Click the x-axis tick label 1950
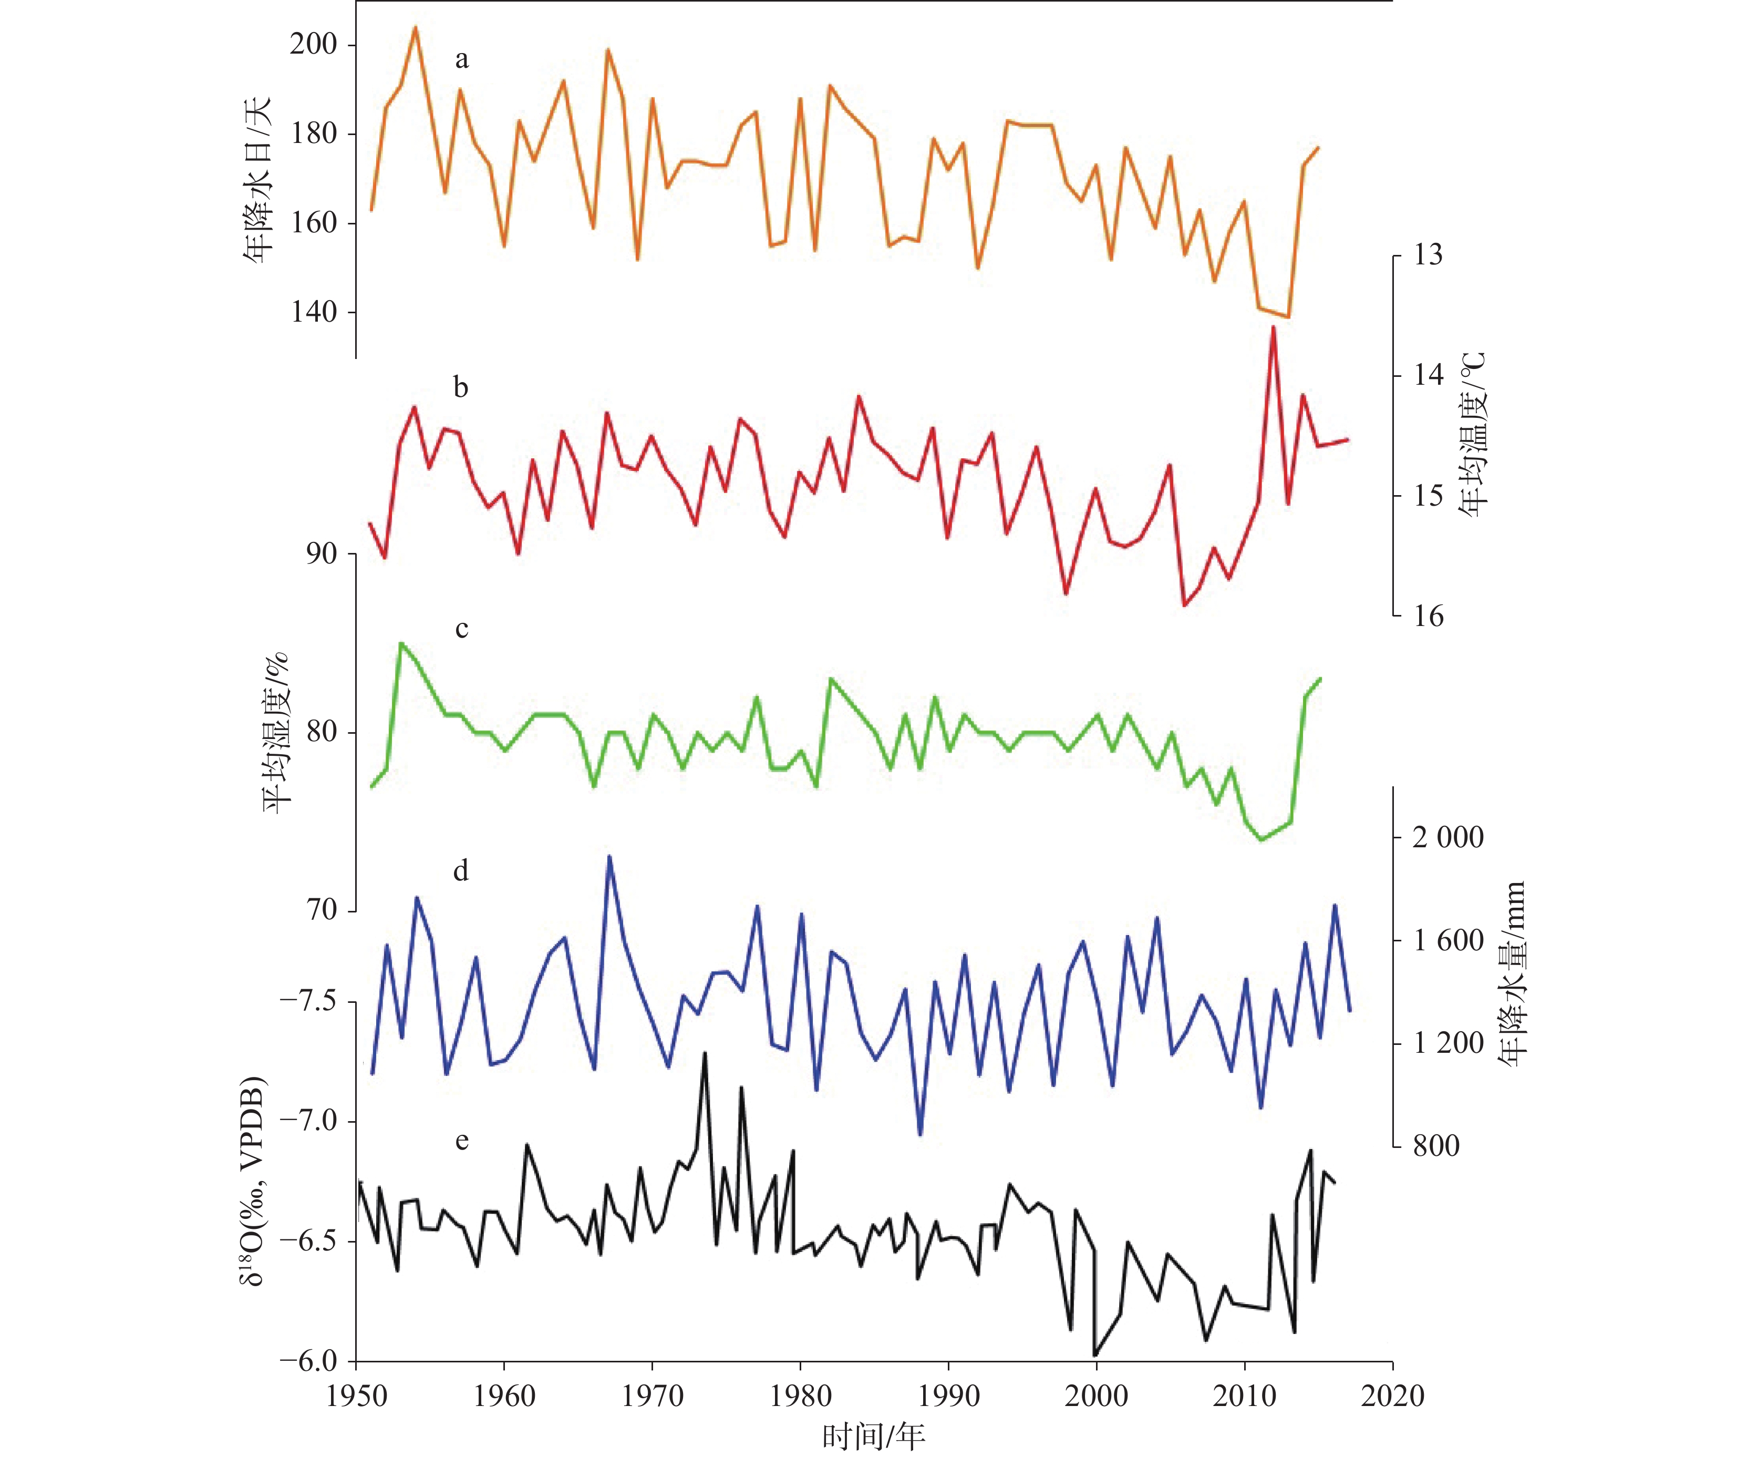(x=357, y=1396)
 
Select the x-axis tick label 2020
(x=1392, y=1396)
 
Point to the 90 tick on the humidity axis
(x=322, y=552)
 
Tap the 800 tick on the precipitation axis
(x=1436, y=1145)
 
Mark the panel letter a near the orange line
(x=461, y=59)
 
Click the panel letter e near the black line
(x=461, y=1141)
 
